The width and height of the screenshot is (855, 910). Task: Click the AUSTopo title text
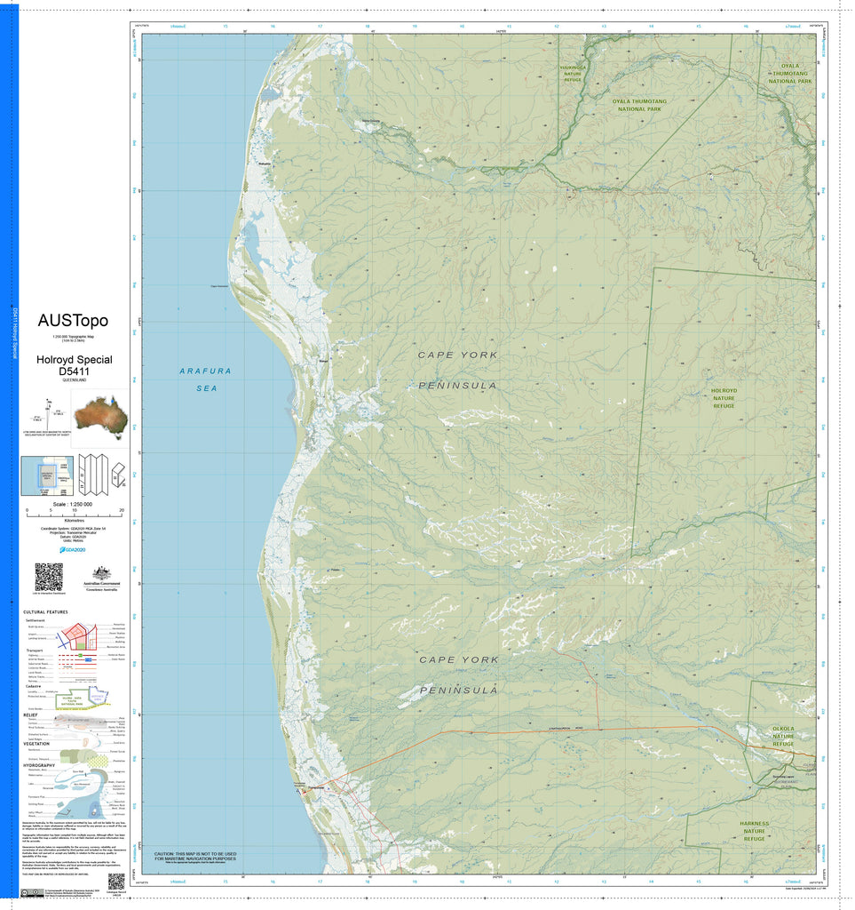click(x=73, y=320)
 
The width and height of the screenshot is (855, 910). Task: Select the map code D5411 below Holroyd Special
click(x=74, y=371)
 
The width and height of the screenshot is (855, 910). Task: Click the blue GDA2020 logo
click(x=74, y=549)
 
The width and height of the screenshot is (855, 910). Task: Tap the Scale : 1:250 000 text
click(x=74, y=504)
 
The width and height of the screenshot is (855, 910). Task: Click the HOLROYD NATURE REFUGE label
click(x=724, y=398)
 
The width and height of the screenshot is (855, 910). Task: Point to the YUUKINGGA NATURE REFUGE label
click(x=573, y=73)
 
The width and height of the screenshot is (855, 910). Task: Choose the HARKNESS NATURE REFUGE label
click(x=754, y=831)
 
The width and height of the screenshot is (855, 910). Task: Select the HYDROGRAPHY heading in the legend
click(x=39, y=765)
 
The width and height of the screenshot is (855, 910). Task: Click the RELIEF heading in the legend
click(x=30, y=714)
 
